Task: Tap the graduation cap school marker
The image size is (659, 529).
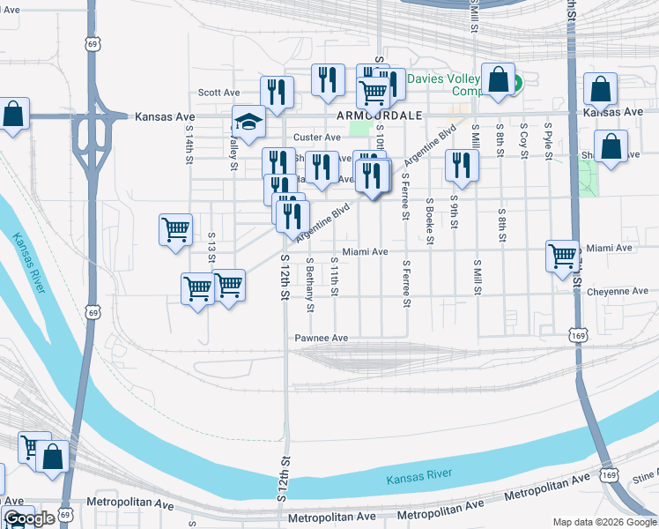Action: pyautogui.click(x=249, y=123)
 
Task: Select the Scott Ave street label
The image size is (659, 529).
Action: pyautogui.click(x=219, y=92)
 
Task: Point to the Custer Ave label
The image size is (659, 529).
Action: pyautogui.click(x=317, y=138)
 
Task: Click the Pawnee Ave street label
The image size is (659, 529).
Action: pyautogui.click(x=322, y=338)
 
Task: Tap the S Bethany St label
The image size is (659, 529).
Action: pyautogui.click(x=310, y=284)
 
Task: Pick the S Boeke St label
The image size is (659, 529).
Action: pyautogui.click(x=429, y=216)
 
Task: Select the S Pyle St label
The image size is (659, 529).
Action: pyautogui.click(x=548, y=141)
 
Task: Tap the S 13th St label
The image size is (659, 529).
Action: pyautogui.click(x=211, y=250)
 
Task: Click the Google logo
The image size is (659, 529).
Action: pyautogui.click(x=29, y=519)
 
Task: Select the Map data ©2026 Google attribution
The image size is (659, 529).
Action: pyautogui.click(x=604, y=522)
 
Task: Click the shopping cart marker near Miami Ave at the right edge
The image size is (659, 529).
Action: pyautogui.click(x=562, y=257)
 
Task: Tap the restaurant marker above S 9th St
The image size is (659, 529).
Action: pyautogui.click(x=462, y=165)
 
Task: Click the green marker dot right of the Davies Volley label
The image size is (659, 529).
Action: pyautogui.click(x=517, y=85)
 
